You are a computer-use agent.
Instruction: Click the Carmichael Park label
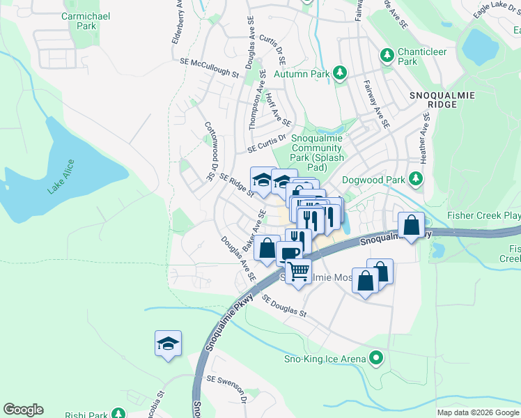(78, 21)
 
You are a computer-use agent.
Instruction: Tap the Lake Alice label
(61, 177)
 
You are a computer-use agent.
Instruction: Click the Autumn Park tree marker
(340, 73)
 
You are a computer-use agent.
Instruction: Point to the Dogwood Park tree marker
(415, 180)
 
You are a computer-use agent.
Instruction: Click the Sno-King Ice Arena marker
(377, 359)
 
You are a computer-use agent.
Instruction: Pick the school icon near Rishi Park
(168, 343)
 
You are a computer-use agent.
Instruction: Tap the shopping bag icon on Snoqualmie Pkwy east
(412, 224)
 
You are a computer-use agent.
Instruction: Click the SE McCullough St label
(209, 68)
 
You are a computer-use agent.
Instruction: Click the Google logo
(23, 410)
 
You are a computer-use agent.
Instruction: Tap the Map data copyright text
(477, 412)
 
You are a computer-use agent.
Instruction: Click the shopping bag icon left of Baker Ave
(266, 247)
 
